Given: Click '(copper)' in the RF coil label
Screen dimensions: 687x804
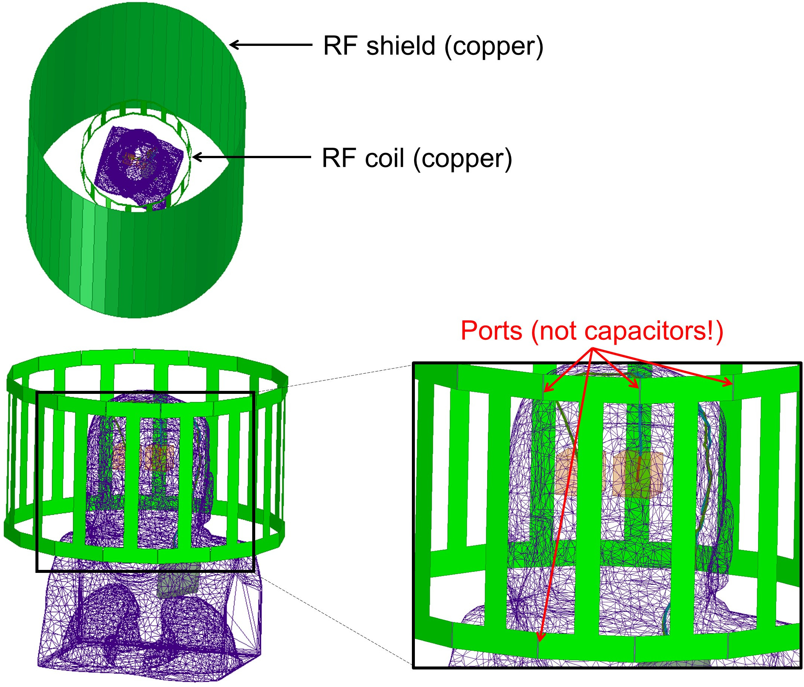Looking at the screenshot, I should (x=463, y=159).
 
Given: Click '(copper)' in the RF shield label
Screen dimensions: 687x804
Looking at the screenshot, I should (x=494, y=46).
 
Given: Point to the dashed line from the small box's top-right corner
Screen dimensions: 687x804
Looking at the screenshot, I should (x=334, y=378).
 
